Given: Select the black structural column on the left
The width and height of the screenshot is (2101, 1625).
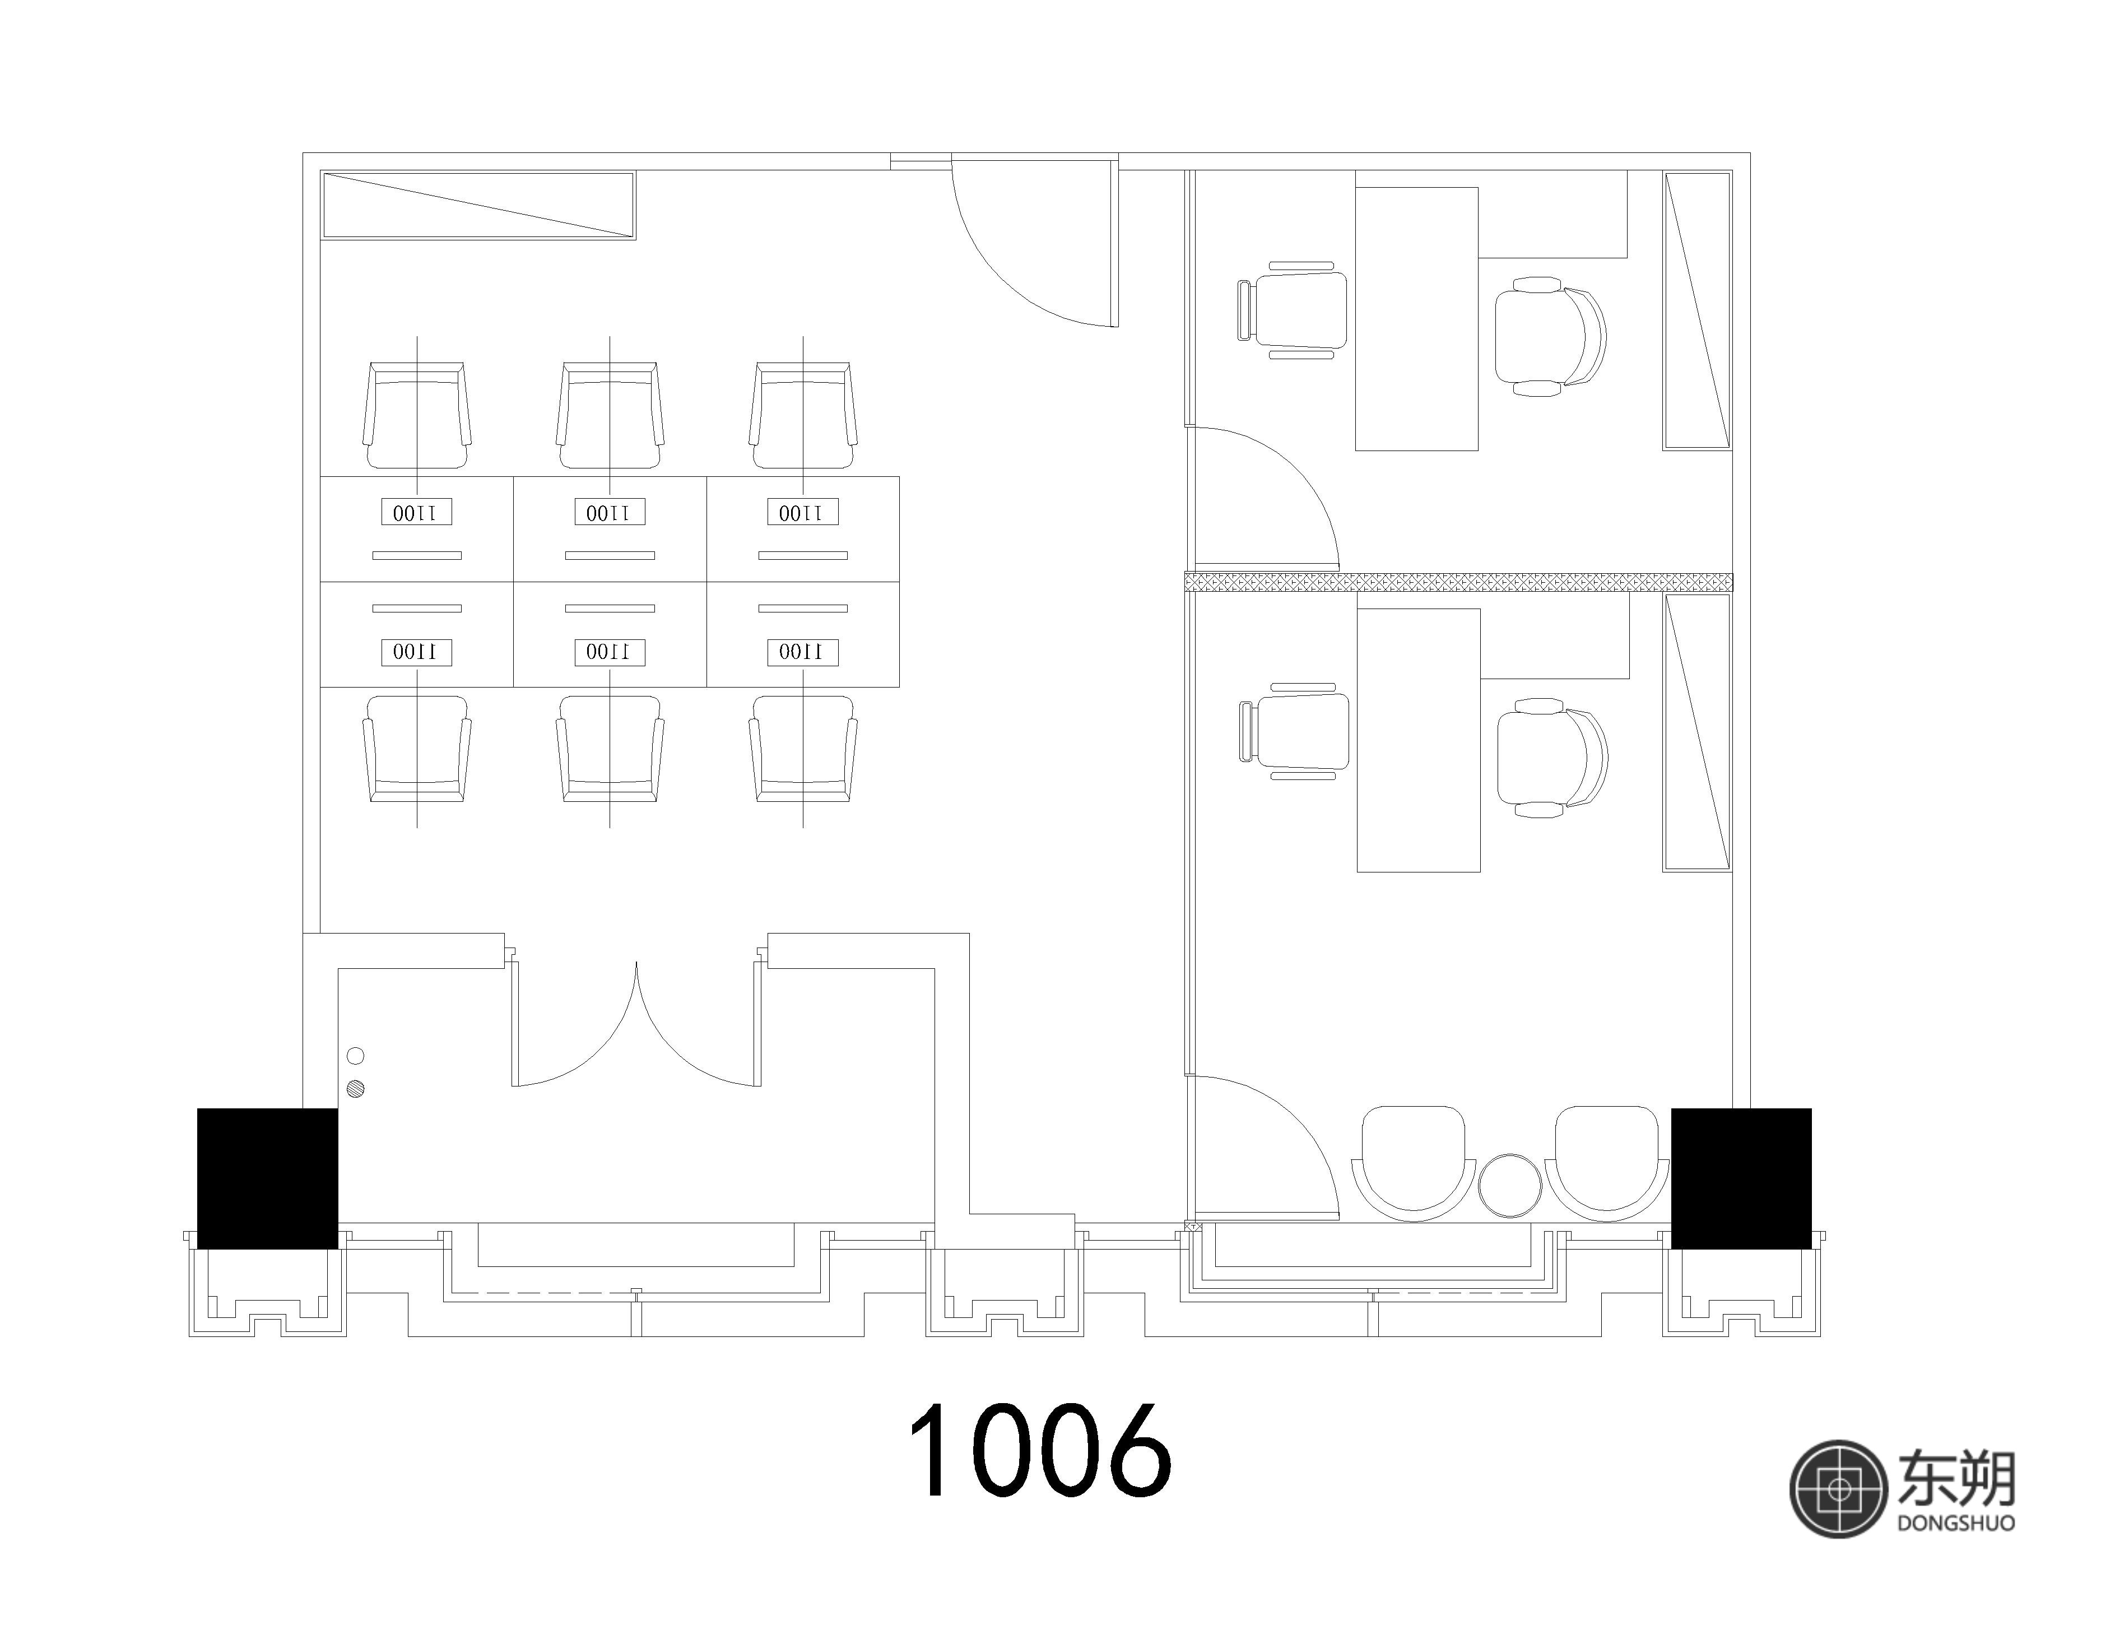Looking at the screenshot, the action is pos(267,1178).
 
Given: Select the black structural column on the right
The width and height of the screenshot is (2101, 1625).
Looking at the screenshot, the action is pos(1741,1178).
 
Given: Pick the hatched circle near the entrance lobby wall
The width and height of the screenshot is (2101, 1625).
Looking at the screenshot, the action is pos(356,1089).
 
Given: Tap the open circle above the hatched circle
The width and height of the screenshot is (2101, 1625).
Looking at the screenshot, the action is pos(355,1056).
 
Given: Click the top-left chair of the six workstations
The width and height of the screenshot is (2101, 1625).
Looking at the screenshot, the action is pos(416,416).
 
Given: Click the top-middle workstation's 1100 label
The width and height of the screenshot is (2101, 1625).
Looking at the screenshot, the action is pos(610,513).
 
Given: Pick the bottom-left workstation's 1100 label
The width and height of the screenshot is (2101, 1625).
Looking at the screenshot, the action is pos(416,651).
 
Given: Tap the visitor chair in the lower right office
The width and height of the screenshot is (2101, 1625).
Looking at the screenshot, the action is pos(1294,731).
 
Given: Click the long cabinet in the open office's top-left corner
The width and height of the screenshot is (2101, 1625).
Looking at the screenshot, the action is pos(478,205).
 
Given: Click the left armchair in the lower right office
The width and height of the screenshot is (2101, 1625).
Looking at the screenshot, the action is pos(1413,1164).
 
